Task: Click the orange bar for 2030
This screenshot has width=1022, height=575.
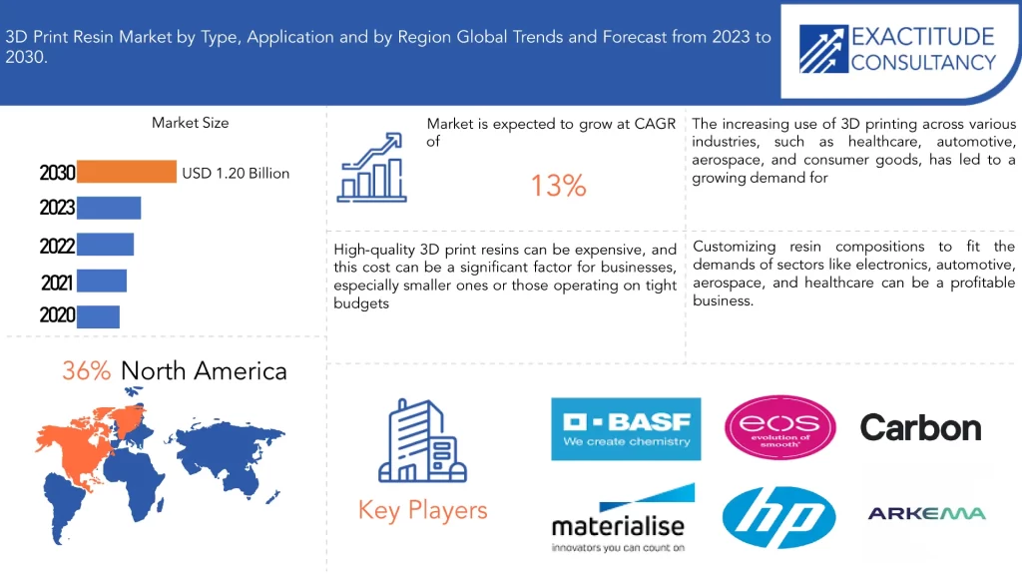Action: click(126, 173)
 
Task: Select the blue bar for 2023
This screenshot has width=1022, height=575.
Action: click(109, 208)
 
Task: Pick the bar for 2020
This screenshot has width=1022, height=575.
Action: click(98, 315)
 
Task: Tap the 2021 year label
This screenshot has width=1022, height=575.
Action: click(58, 283)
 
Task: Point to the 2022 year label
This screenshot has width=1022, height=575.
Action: click(58, 246)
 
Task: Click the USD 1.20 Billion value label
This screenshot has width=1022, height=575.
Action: click(236, 174)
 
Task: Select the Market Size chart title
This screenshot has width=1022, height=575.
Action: click(190, 123)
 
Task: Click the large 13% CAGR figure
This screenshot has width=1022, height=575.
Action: click(558, 186)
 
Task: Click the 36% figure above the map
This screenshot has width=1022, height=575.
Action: click(86, 371)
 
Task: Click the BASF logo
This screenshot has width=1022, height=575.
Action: click(626, 429)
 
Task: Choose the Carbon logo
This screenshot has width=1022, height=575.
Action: click(920, 428)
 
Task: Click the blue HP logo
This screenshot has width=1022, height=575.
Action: click(778, 516)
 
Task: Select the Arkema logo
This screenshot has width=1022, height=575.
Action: click(926, 513)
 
